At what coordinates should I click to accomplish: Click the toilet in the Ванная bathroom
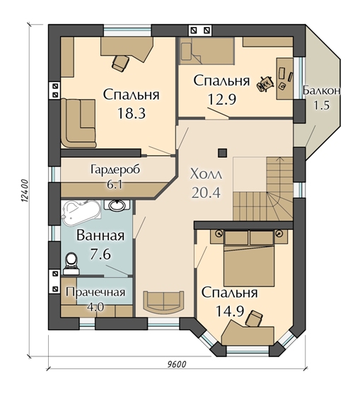71,263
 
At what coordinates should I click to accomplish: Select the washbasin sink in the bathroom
117,205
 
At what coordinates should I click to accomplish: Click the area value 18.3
132,113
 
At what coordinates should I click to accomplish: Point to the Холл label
206,174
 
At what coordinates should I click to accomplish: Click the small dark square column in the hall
223,153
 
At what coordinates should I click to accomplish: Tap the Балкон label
322,91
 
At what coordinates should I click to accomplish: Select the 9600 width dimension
177,364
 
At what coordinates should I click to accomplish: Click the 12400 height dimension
24,191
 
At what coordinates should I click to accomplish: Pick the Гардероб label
115,169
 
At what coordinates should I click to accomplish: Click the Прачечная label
95,293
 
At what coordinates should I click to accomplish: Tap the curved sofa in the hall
163,302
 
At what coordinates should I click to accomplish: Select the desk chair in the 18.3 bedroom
120,63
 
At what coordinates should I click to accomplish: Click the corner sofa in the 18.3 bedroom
78,124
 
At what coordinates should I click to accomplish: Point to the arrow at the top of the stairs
279,159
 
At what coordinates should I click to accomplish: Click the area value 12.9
222,99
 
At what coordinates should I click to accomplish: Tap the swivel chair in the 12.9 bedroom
265,83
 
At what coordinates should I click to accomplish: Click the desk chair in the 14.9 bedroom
254,319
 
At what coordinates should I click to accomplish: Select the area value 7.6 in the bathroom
100,255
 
